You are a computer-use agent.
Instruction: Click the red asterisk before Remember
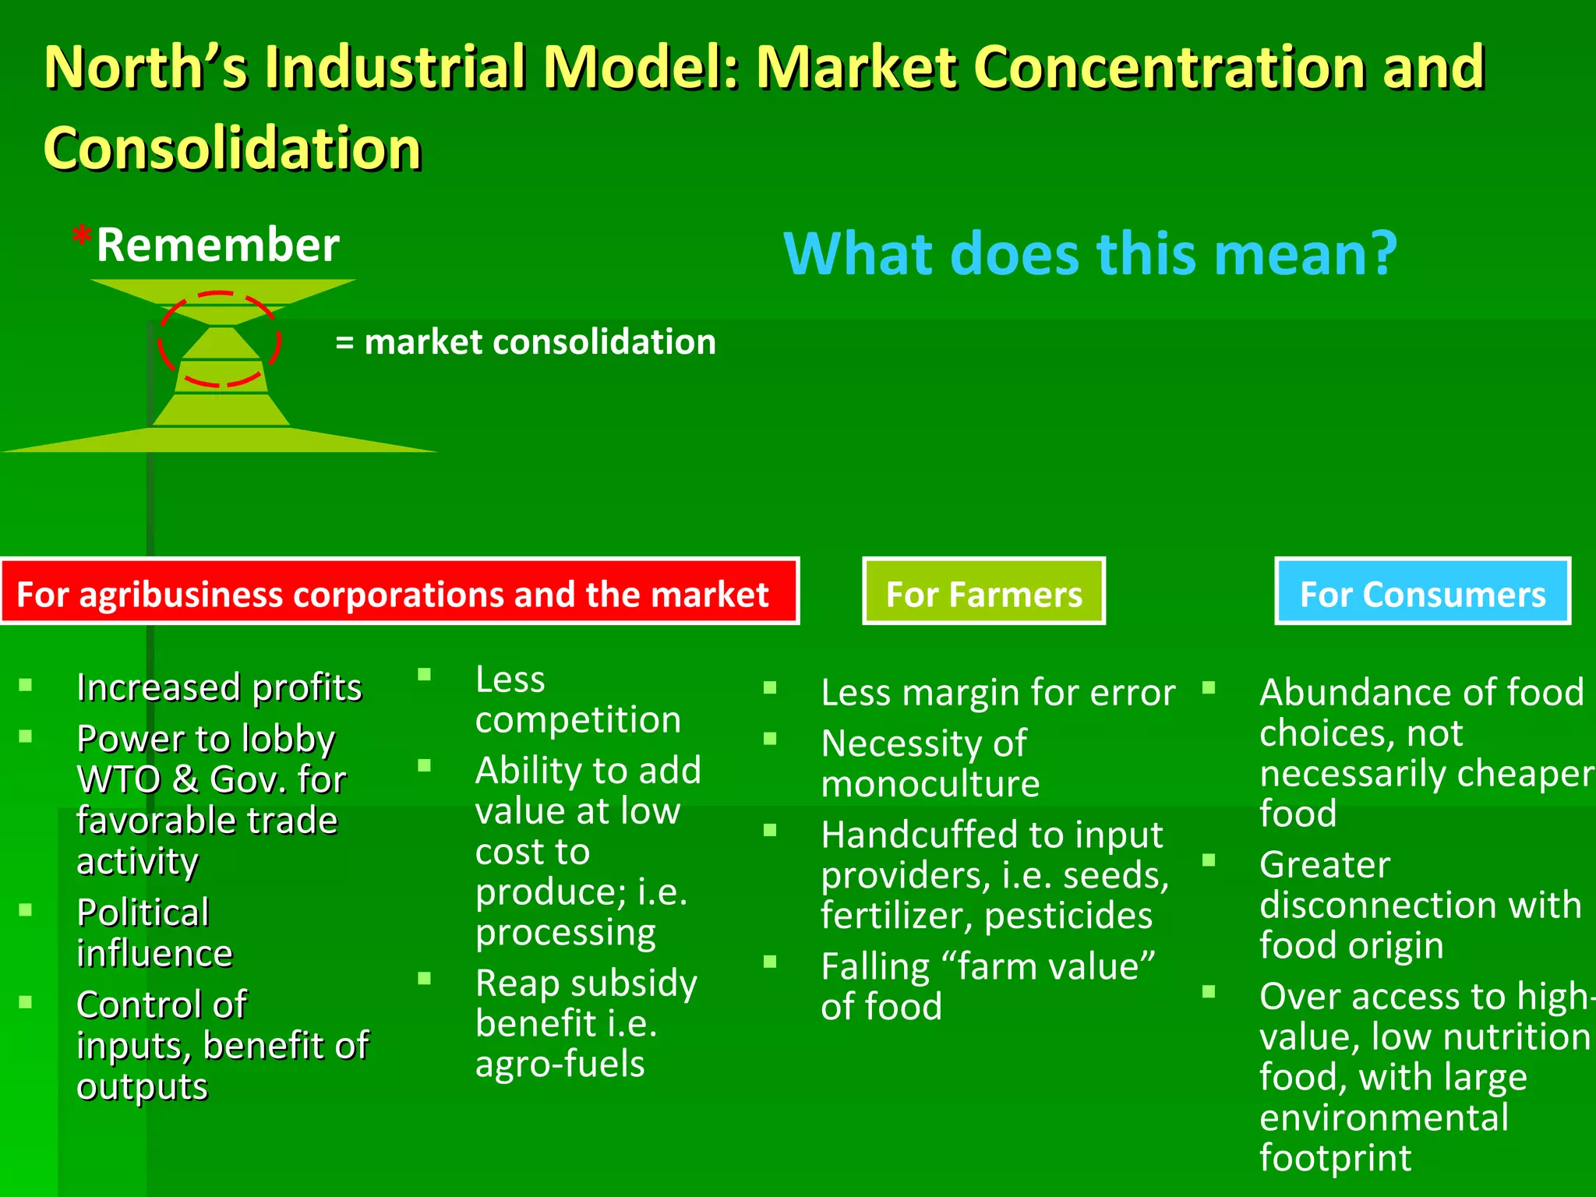pyautogui.click(x=82, y=235)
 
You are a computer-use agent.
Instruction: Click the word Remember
pyautogui.click(x=217, y=245)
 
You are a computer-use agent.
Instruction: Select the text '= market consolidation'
pyautogui.click(x=525, y=342)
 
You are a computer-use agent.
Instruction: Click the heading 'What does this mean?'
pyautogui.click(x=1089, y=254)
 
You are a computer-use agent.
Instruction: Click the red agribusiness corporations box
pyautogui.click(x=399, y=591)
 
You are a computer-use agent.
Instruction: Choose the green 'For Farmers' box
pyautogui.click(x=983, y=591)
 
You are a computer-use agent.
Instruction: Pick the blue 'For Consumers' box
pyautogui.click(x=1422, y=591)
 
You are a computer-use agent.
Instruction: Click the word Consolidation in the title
pyautogui.click(x=232, y=148)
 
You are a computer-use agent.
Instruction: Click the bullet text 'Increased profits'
pyautogui.click(x=219, y=687)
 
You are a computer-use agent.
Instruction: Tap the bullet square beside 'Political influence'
pyautogui.click(x=26, y=909)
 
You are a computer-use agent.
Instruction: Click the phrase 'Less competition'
pyautogui.click(x=577, y=699)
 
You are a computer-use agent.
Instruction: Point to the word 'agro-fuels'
pyautogui.click(x=560, y=1064)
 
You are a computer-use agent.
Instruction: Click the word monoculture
pyautogui.click(x=930, y=784)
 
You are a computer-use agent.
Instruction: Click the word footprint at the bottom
pyautogui.click(x=1335, y=1158)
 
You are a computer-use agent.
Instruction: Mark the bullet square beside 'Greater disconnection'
pyautogui.click(x=1209, y=860)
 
